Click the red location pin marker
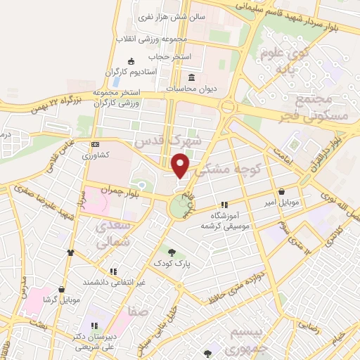(181, 165)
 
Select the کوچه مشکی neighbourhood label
(231, 169)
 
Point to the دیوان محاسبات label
(192, 89)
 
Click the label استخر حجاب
(167, 56)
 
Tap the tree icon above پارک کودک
(171, 251)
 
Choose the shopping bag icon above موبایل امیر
(281, 191)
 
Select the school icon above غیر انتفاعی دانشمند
(112, 271)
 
